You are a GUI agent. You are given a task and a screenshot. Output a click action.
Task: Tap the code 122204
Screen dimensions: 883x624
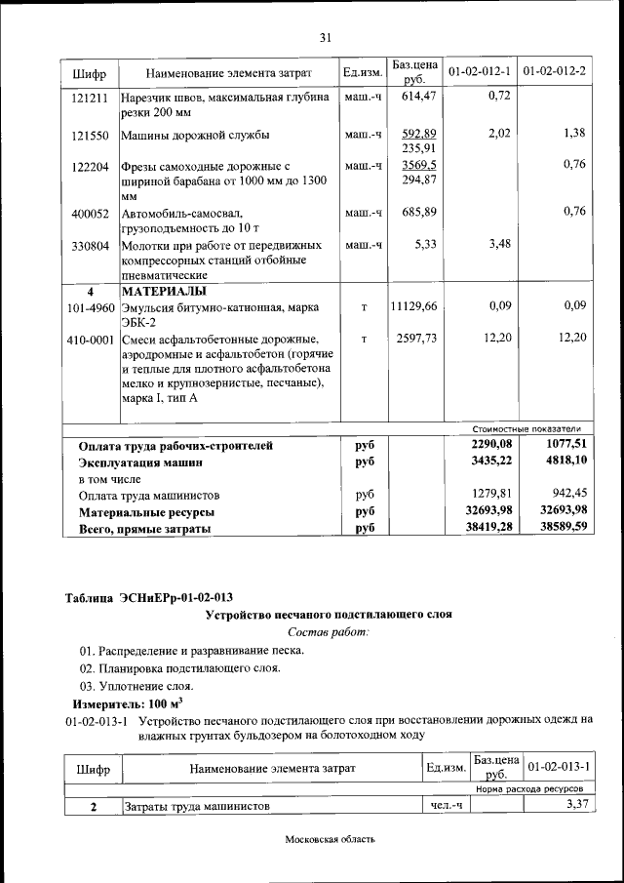point(90,167)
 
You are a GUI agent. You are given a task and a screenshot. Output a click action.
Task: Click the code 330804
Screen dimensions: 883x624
point(90,245)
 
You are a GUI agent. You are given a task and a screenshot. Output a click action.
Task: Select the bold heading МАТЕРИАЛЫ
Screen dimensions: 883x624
point(164,291)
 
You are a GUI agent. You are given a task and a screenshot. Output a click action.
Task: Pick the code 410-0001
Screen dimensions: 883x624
point(90,338)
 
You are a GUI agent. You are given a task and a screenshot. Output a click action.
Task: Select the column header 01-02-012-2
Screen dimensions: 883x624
point(554,72)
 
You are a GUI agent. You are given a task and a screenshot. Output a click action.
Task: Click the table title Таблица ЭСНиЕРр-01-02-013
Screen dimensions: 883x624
point(148,597)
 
